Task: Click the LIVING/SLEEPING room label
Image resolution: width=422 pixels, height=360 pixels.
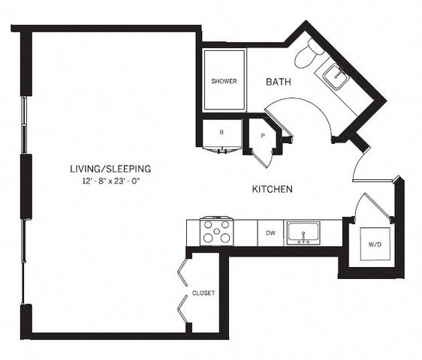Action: (110, 168)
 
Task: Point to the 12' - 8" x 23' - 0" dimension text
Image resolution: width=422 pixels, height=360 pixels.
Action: (110, 181)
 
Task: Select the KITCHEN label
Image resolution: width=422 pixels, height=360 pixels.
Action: (271, 190)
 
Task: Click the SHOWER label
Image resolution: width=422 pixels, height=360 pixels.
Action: (224, 81)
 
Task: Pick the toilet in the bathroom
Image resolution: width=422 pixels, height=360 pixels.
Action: (308, 52)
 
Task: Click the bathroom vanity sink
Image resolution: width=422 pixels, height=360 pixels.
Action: (335, 76)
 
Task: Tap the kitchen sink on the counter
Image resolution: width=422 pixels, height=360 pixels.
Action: (303, 232)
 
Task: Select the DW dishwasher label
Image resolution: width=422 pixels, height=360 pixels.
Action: (270, 233)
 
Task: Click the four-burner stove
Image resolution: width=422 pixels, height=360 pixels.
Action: (216, 232)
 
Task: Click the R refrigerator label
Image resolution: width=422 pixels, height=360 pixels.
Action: (221, 133)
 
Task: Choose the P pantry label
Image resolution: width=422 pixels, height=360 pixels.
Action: (263, 136)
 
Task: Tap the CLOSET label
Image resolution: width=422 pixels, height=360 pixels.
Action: (203, 292)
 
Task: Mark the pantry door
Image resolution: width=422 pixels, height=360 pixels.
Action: (263, 155)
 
